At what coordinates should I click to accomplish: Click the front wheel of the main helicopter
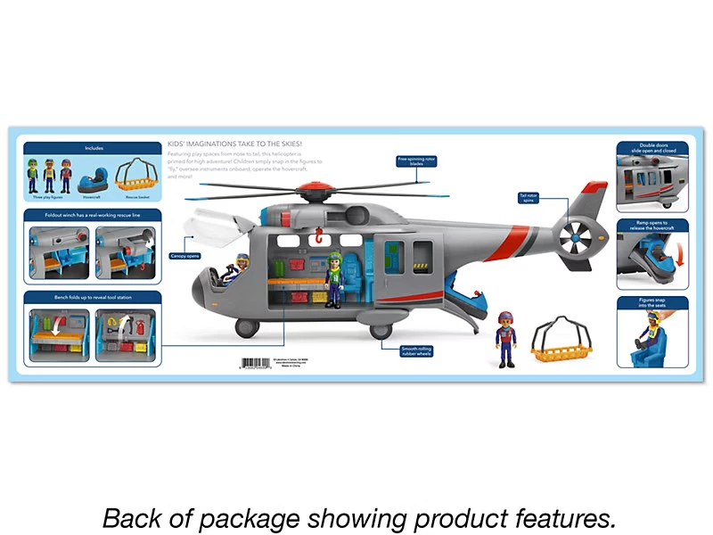pyautogui.click(x=247, y=328)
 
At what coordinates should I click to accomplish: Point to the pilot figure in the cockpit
pyautogui.click(x=241, y=266)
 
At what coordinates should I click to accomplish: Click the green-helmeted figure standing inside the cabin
pyautogui.click(x=335, y=278)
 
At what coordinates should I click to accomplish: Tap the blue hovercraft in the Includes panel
pyautogui.click(x=92, y=183)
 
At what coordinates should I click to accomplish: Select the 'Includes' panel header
pyautogui.click(x=94, y=148)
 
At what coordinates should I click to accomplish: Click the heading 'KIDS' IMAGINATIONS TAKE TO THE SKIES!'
pyautogui.click(x=234, y=144)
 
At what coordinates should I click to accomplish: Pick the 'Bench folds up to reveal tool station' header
pyautogui.click(x=94, y=298)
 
